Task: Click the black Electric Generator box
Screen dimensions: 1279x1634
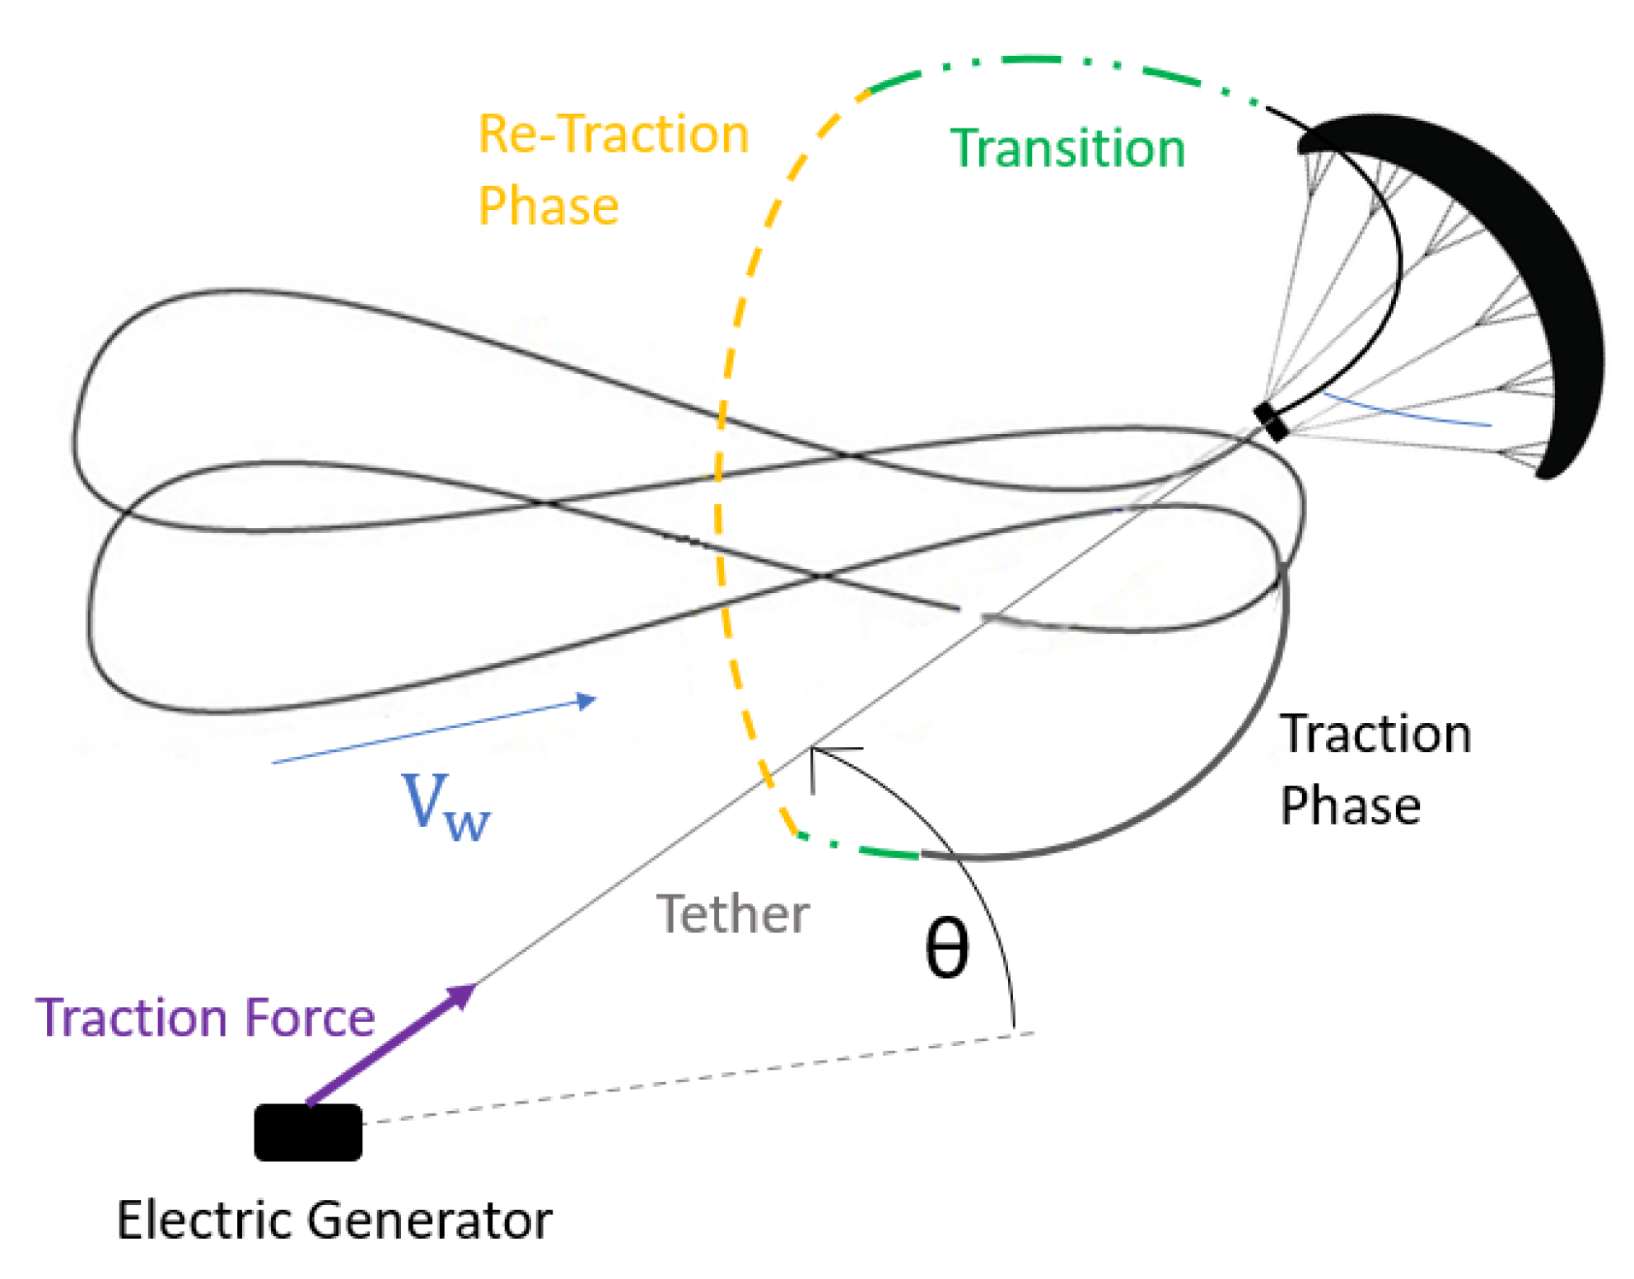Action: coord(308,1132)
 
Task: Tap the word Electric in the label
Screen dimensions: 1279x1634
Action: coord(206,1220)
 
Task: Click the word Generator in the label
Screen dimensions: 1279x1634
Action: coord(429,1220)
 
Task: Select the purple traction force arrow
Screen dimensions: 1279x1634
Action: coord(387,1046)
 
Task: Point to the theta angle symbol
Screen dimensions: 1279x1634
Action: coord(946,948)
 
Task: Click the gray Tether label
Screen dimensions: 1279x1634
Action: coord(732,914)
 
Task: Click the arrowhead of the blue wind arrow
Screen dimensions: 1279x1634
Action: coord(586,702)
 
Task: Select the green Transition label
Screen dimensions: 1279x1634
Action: coord(1067,149)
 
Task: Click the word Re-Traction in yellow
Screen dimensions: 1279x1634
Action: coord(614,134)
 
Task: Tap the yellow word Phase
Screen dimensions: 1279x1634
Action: coord(548,206)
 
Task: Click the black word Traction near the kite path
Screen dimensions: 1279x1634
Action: coord(1375,734)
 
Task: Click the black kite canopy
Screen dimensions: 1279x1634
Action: coord(1524,247)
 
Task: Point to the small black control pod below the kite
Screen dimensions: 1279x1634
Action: coord(1271,422)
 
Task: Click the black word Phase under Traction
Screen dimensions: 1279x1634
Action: coord(1351,805)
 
